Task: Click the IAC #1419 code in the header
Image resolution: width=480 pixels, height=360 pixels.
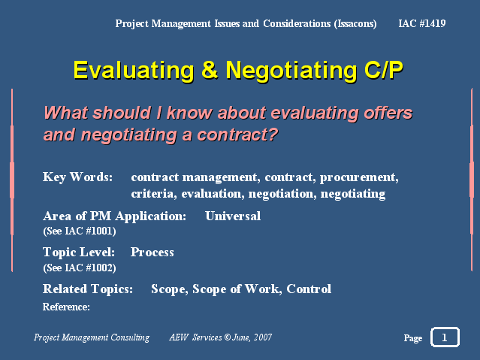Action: pyautogui.click(x=422, y=23)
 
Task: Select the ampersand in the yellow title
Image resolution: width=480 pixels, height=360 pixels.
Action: pyautogui.click(x=210, y=69)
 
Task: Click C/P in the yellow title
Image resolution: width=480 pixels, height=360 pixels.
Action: pyautogui.click(x=383, y=70)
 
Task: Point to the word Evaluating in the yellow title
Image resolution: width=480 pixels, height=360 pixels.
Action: pyautogui.click(x=134, y=71)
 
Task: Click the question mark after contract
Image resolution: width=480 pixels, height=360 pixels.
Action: pyautogui.click(x=272, y=135)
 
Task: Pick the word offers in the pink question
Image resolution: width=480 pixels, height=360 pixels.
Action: pyautogui.click(x=388, y=113)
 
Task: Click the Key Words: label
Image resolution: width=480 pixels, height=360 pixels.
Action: pyautogui.click(x=78, y=177)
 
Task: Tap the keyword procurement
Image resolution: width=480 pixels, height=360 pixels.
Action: pyautogui.click(x=359, y=177)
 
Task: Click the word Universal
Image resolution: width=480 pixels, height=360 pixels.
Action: pyautogui.click(x=233, y=216)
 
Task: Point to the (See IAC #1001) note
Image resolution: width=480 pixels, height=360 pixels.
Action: pyautogui.click(x=80, y=231)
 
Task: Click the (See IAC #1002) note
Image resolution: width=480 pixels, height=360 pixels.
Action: pyautogui.click(x=80, y=268)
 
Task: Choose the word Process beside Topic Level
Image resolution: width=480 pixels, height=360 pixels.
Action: pyautogui.click(x=152, y=253)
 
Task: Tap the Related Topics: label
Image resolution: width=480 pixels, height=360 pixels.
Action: pyautogui.click(x=88, y=289)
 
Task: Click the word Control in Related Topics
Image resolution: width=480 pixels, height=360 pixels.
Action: pyautogui.click(x=309, y=289)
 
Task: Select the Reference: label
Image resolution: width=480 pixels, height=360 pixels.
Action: pyautogui.click(x=66, y=307)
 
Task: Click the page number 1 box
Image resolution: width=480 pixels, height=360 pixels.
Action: pyautogui.click(x=445, y=337)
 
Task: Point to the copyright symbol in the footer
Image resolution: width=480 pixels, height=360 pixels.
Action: pyautogui.click(x=227, y=337)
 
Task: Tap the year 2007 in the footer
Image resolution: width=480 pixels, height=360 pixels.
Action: pyautogui.click(x=263, y=337)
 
